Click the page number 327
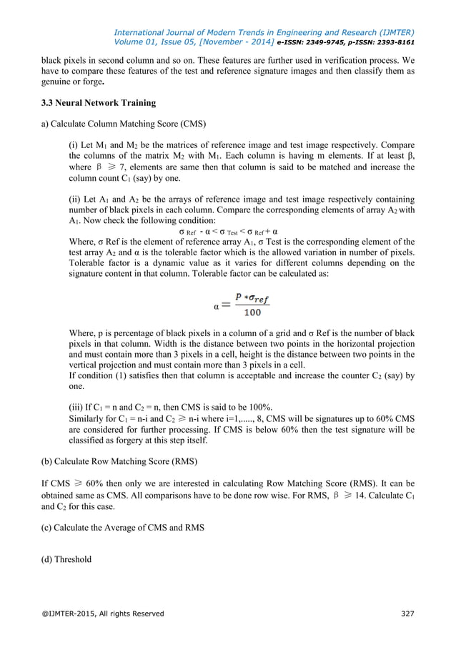click(x=405, y=614)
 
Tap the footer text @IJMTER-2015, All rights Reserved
click(x=102, y=614)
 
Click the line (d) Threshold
click(x=66, y=559)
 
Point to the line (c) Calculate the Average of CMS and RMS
click(x=122, y=528)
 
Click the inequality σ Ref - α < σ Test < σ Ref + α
click(x=227, y=232)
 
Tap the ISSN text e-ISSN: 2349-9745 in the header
click(x=315, y=42)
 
